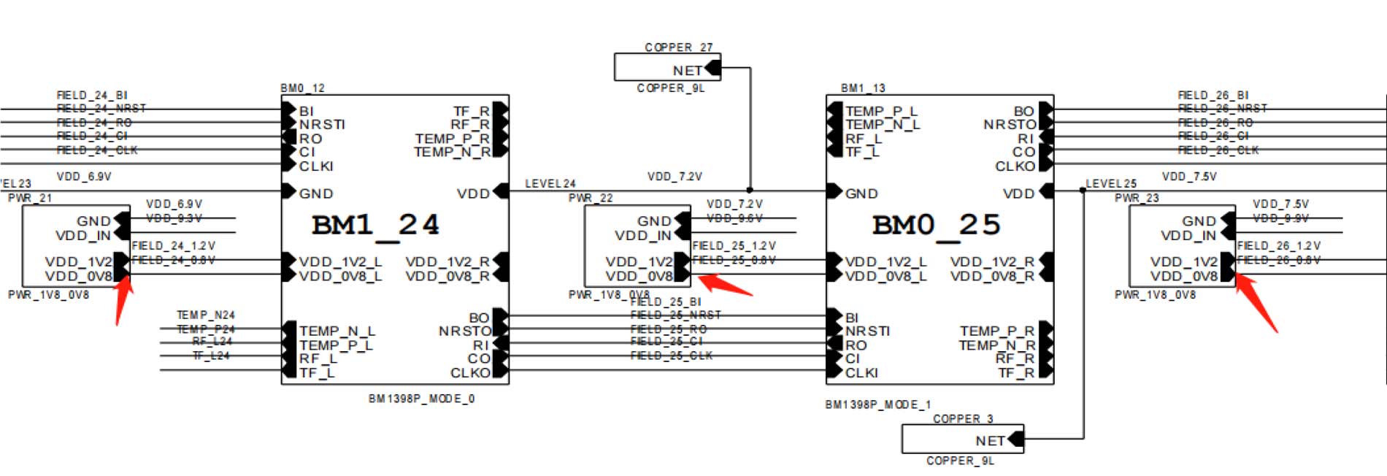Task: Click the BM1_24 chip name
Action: tap(375, 225)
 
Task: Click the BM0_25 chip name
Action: tap(936, 225)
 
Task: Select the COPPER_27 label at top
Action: tap(677, 47)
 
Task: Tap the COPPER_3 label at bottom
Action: tap(962, 419)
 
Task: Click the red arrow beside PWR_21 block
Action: tap(123, 300)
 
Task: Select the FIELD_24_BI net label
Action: tap(92, 95)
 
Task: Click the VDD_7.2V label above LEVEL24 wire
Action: tap(674, 177)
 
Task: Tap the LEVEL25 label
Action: tap(1110, 184)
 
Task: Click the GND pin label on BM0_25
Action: tap(861, 194)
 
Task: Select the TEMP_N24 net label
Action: tap(205, 315)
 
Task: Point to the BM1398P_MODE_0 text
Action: tap(421, 399)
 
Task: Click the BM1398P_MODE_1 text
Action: tap(877, 404)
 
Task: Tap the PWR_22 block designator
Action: tap(590, 198)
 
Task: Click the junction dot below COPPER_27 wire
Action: tap(750, 190)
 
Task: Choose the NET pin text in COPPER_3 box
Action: tap(990, 441)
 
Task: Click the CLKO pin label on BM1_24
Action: tap(470, 373)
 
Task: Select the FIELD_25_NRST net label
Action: tap(675, 315)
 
